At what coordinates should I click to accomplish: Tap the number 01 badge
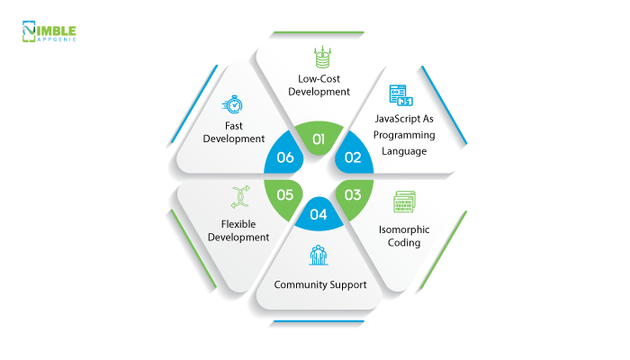coord(318,139)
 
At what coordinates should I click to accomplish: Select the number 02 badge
coord(353,157)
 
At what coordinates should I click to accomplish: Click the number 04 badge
coord(318,214)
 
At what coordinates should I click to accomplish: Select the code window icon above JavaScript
coord(396,94)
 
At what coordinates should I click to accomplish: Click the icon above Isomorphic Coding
coord(404,202)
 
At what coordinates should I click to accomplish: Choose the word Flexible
coord(238,223)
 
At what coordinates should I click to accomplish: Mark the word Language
coord(404,150)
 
